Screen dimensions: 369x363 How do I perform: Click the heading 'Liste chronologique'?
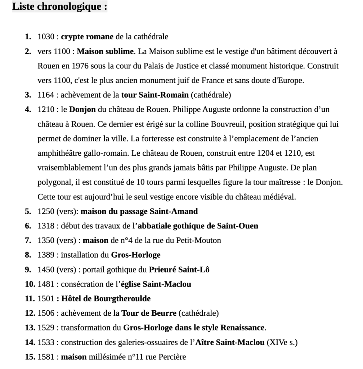[x=59, y=7]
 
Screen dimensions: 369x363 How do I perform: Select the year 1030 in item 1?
[x=46, y=37]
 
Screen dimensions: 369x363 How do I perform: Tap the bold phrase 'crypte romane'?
[x=87, y=37]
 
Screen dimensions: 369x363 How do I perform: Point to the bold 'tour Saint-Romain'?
[x=155, y=95]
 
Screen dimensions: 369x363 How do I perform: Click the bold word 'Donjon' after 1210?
[x=82, y=110]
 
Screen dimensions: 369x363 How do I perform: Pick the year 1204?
[x=266, y=153]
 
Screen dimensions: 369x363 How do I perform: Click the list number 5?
[x=28, y=212]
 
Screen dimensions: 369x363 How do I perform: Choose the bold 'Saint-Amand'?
[x=174, y=212]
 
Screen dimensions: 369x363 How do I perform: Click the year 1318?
[x=46, y=226]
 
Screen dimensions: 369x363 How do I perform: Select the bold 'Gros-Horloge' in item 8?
[x=136, y=255]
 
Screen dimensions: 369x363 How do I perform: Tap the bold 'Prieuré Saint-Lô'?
[x=179, y=270]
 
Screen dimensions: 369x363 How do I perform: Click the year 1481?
[x=46, y=284]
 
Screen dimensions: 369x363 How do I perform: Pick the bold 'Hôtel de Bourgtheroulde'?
[x=106, y=299]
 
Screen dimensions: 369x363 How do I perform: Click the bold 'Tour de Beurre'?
[x=149, y=314]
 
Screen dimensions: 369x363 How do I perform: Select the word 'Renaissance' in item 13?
[x=242, y=328]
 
